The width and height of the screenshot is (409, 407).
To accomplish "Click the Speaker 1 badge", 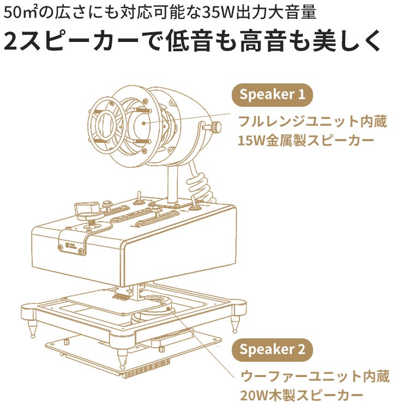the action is (x=272, y=95).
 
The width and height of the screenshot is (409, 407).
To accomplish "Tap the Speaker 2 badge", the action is (x=272, y=350).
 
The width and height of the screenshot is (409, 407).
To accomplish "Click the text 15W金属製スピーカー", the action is (x=306, y=141).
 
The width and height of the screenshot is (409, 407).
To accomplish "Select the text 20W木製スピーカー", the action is (x=302, y=396).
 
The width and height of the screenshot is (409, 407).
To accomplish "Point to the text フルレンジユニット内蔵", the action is (x=312, y=122).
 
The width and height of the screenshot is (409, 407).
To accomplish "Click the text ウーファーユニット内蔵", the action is (x=315, y=376).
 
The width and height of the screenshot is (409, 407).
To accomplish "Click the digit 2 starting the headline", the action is (x=10, y=41).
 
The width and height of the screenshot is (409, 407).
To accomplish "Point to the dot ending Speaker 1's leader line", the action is (x=144, y=123).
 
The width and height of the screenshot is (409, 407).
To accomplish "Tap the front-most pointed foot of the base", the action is (x=122, y=357).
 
